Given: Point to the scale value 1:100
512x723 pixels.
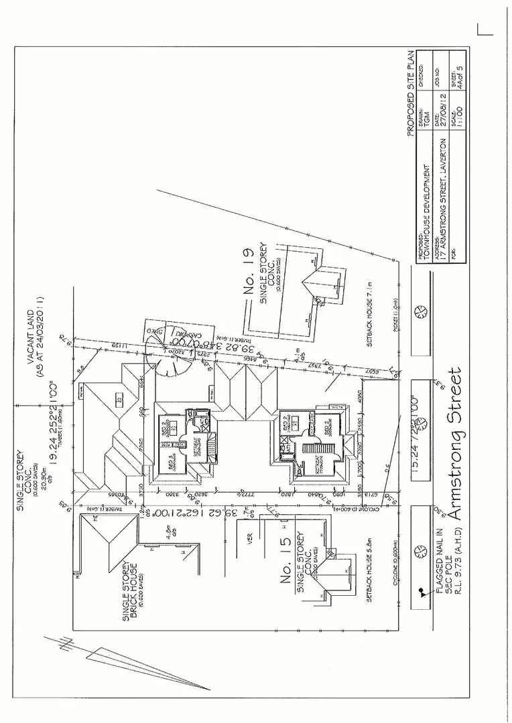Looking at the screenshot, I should click(458, 116).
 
